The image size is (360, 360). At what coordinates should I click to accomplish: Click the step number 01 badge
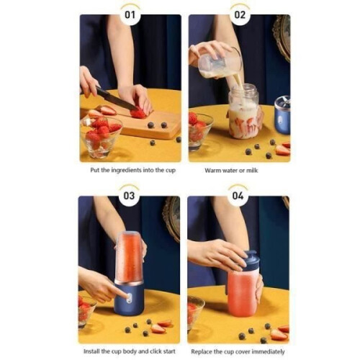[x=130, y=15]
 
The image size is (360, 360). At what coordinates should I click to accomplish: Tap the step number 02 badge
[x=240, y=15]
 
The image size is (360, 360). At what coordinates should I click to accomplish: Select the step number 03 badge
[x=129, y=196]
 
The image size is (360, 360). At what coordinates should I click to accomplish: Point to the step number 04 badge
[x=238, y=196]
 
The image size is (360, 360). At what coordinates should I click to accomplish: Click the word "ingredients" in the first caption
[x=126, y=171]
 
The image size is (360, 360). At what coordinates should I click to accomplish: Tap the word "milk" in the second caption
[x=252, y=171]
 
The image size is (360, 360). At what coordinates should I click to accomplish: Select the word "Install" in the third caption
[x=91, y=351]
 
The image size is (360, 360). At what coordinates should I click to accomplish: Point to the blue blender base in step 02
[x=282, y=115]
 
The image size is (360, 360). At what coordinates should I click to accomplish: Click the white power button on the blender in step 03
[x=129, y=298]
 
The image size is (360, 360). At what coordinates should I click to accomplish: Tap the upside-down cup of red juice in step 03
[x=129, y=257]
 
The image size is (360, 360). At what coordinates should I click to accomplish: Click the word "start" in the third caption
[x=168, y=351]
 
